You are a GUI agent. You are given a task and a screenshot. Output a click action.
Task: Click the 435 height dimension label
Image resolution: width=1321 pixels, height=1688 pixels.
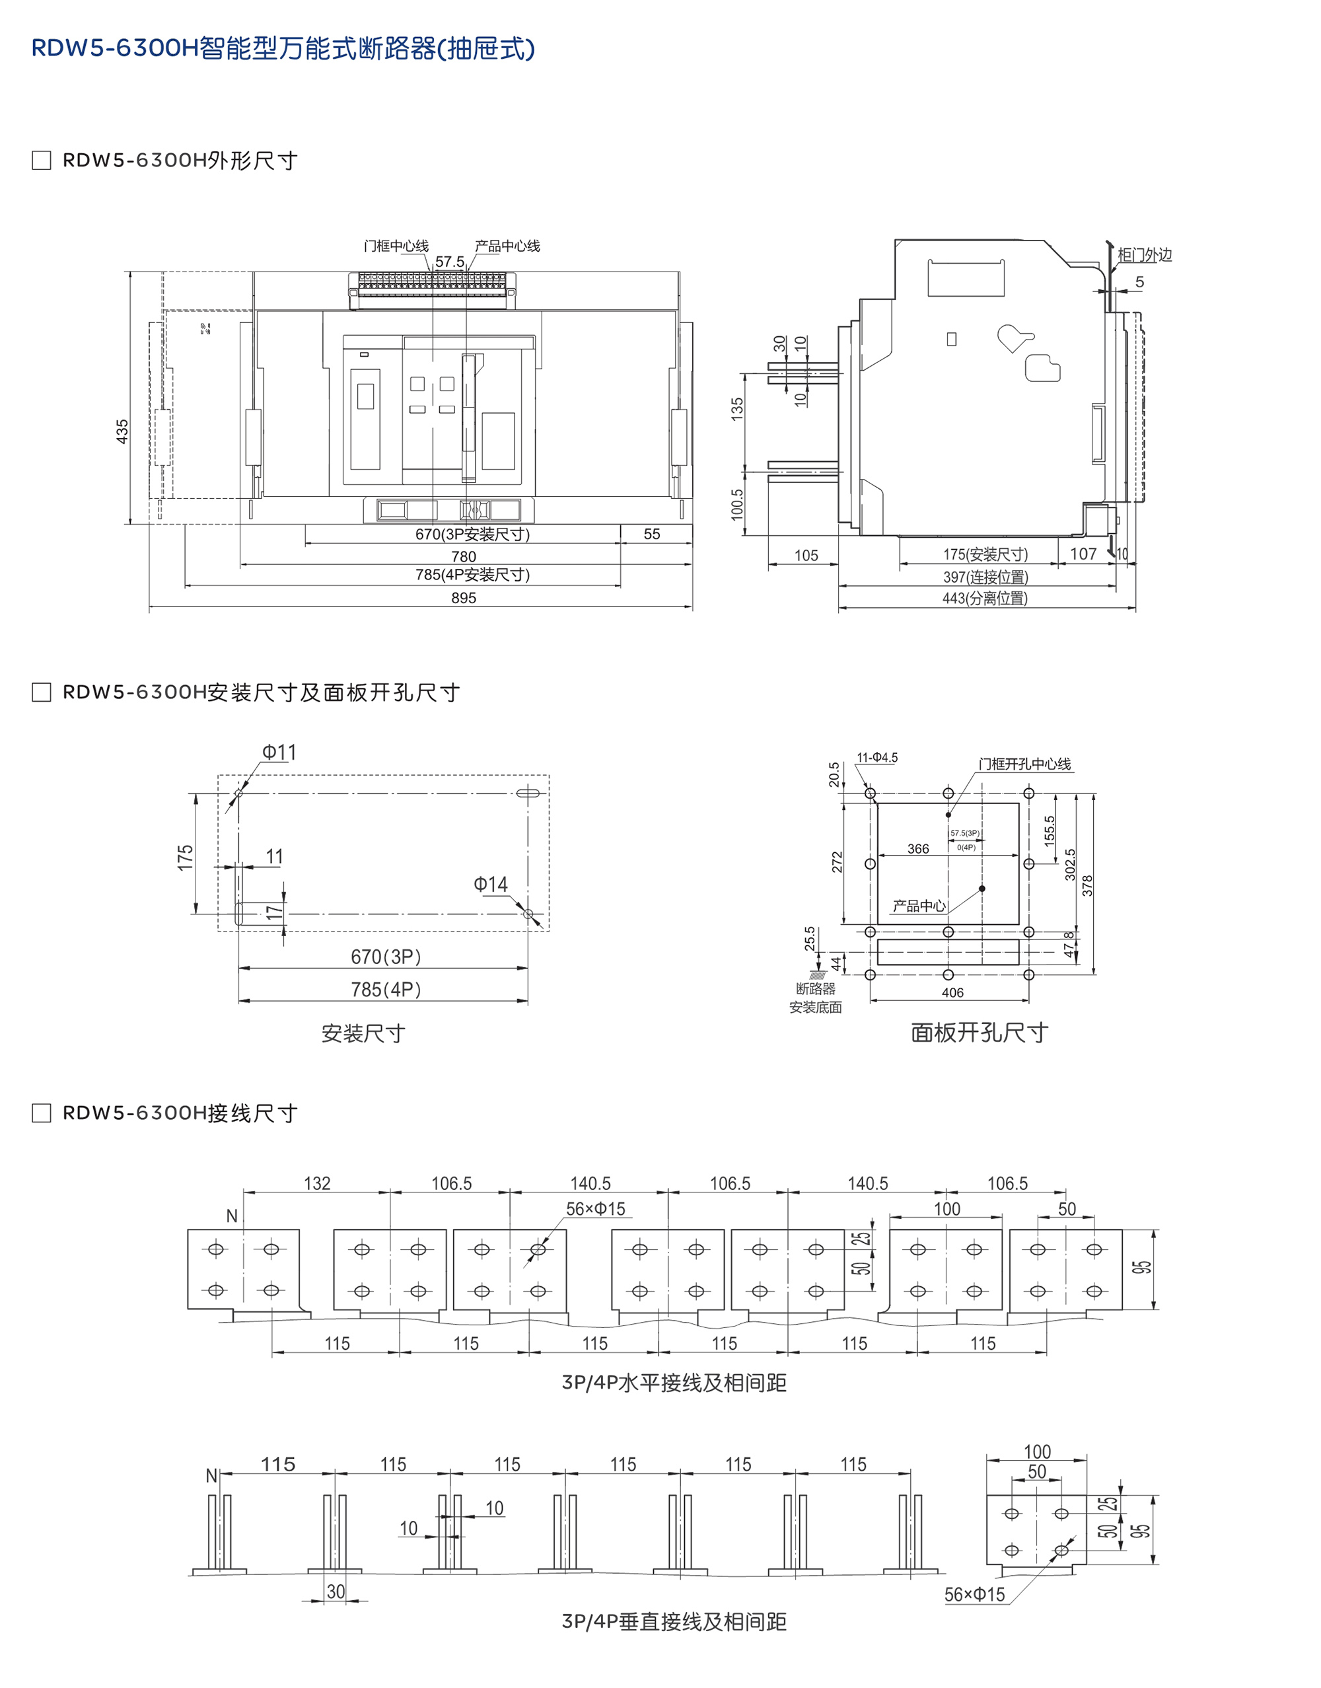[122, 431]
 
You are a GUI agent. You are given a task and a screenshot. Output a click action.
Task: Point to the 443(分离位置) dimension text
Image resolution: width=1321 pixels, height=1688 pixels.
[985, 598]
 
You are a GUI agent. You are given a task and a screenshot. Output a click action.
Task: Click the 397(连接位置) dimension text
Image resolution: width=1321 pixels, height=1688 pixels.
[985, 577]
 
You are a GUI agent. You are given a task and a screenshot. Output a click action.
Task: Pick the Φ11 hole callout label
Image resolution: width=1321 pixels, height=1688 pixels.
[279, 752]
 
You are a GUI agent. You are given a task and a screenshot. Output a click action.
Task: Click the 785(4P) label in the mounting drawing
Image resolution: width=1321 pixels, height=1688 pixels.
[386, 990]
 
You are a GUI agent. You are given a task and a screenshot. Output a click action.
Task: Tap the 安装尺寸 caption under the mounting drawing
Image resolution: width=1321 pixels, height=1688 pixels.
[363, 1033]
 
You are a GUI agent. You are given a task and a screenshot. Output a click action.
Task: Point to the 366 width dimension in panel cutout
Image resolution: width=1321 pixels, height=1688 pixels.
[918, 849]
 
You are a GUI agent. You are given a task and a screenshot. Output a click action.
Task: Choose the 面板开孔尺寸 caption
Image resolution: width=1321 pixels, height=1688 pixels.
[979, 1033]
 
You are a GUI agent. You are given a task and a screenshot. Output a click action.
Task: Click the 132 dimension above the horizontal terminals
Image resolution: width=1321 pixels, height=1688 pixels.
[317, 1184]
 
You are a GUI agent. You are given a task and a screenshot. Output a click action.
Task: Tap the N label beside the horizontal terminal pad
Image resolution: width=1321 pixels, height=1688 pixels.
[231, 1216]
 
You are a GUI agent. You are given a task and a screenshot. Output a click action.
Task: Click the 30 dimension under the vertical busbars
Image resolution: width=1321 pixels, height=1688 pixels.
[336, 1592]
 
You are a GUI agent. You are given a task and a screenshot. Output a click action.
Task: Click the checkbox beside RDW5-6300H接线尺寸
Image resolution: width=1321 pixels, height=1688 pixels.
[41, 1113]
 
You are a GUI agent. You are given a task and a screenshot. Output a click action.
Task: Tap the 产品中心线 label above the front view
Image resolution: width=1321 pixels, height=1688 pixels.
[507, 246]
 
